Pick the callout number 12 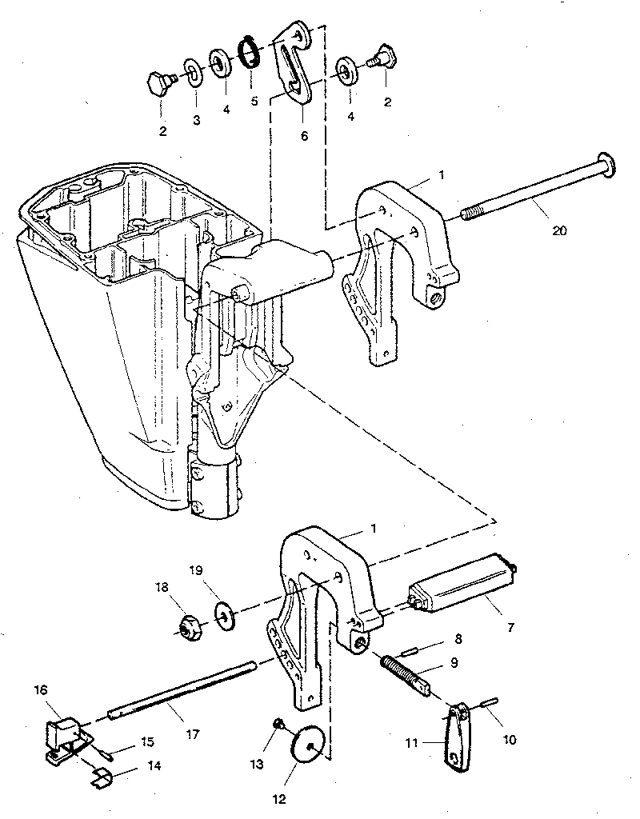click(x=279, y=797)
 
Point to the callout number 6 click(x=281, y=136)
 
